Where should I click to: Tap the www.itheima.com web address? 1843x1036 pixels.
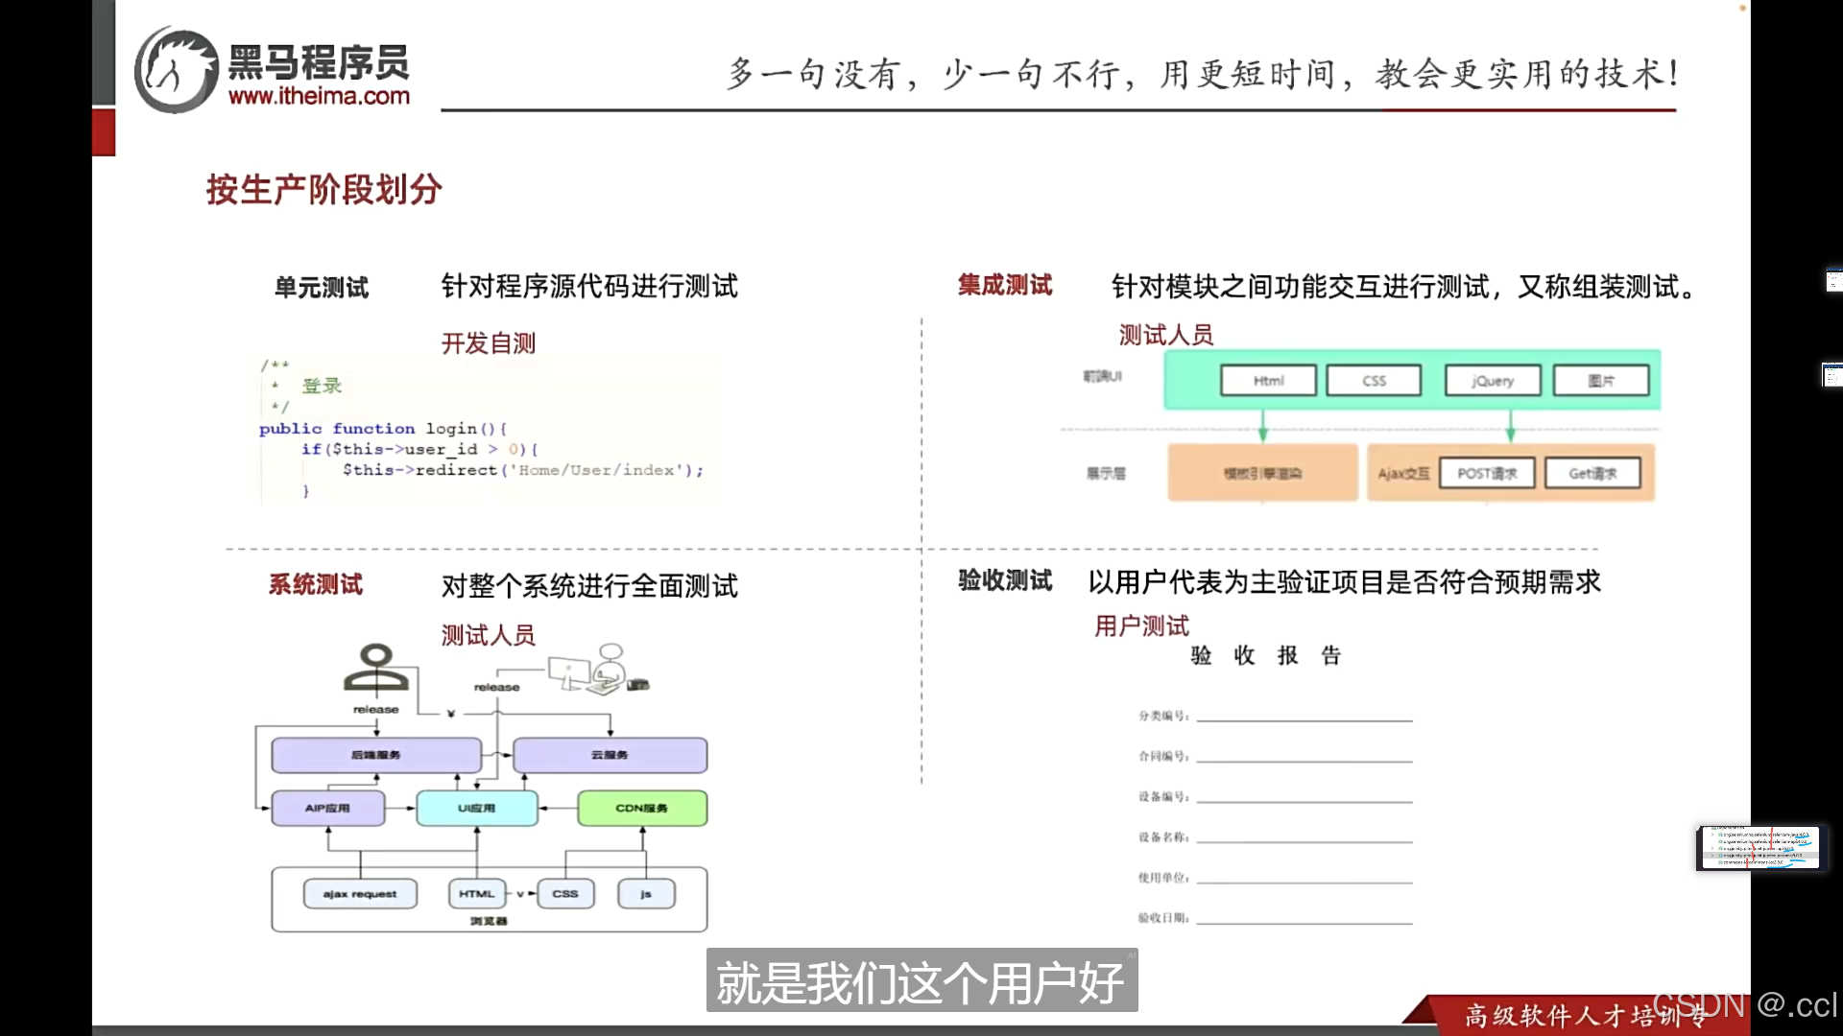point(319,96)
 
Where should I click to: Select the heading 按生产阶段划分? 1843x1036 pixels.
point(323,189)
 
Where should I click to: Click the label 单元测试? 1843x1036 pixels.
point(322,287)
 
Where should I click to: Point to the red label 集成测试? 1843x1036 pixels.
point(1004,285)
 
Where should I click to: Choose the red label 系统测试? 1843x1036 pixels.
point(315,584)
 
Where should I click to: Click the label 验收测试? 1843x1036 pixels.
point(1004,580)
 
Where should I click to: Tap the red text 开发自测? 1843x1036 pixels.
point(488,342)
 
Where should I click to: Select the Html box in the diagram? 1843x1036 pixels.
point(1268,381)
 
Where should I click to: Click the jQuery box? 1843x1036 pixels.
point(1493,381)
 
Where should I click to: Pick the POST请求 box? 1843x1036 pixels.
point(1487,473)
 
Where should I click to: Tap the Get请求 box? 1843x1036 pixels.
point(1592,473)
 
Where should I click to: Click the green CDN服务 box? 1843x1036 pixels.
point(641,808)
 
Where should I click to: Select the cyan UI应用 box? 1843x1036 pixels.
point(476,808)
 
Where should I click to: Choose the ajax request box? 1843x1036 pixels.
point(360,894)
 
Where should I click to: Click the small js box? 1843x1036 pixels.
point(646,894)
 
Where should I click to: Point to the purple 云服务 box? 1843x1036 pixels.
point(610,755)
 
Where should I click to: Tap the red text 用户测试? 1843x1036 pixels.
point(1141,625)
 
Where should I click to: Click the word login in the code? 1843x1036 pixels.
point(451,428)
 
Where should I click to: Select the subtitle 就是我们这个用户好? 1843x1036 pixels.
point(921,981)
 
